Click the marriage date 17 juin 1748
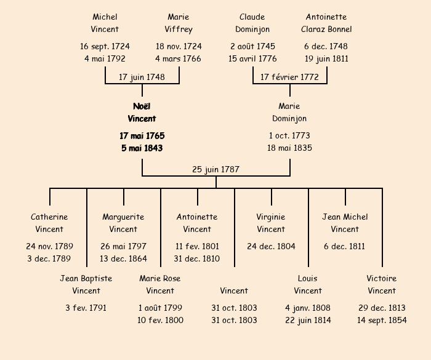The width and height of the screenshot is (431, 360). click(x=142, y=77)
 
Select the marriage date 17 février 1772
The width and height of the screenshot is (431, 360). click(x=289, y=77)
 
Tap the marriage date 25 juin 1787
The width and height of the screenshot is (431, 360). click(x=216, y=169)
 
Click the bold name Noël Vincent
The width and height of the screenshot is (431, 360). click(x=142, y=113)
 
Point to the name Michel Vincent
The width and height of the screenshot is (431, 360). click(x=105, y=23)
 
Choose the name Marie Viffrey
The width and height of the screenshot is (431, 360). click(x=179, y=23)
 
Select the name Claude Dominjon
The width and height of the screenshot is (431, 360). click(x=252, y=23)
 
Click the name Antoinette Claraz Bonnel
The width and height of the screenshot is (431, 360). click(x=326, y=23)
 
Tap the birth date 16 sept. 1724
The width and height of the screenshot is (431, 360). click(x=105, y=46)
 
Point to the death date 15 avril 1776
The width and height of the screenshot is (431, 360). click(x=252, y=59)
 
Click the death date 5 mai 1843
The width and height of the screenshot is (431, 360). click(x=142, y=148)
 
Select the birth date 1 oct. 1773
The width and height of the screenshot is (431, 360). click(x=289, y=135)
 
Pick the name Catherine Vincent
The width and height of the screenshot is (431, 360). click(x=49, y=223)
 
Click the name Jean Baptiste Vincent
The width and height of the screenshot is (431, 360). click(x=86, y=284)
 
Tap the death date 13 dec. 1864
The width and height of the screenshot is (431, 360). click(x=123, y=258)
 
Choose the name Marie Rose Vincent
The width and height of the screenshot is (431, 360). click(x=160, y=284)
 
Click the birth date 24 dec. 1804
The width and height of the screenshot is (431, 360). click(x=271, y=246)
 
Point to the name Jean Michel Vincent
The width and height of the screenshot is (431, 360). click(x=345, y=223)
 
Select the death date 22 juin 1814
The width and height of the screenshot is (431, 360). click(x=308, y=320)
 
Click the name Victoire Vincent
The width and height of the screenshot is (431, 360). click(x=382, y=284)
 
